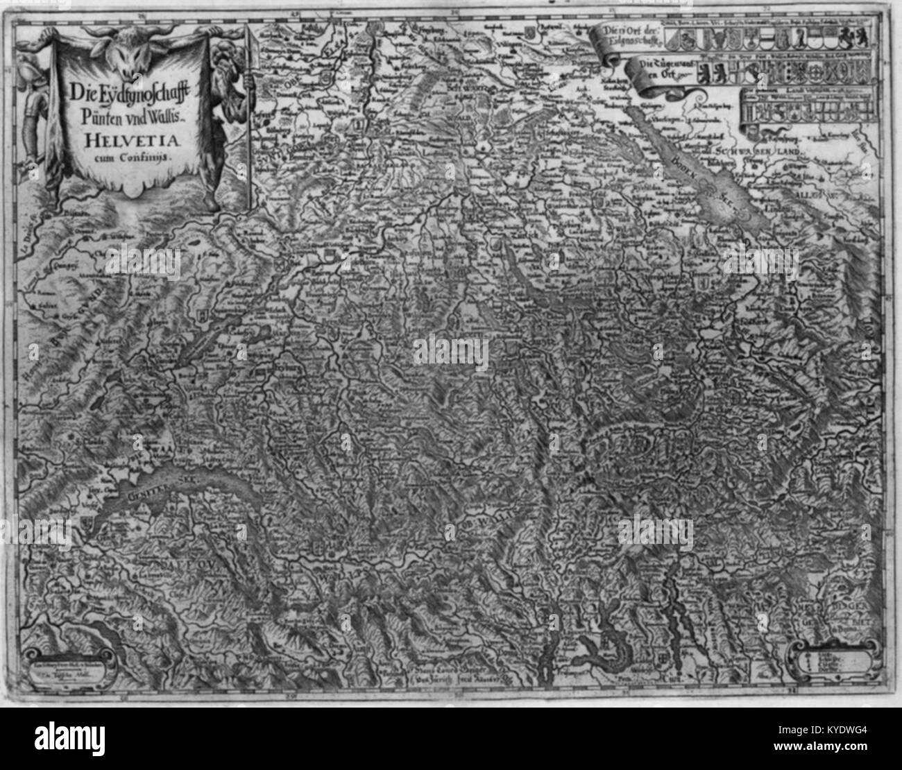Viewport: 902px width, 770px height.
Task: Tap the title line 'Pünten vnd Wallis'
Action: tap(130, 114)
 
